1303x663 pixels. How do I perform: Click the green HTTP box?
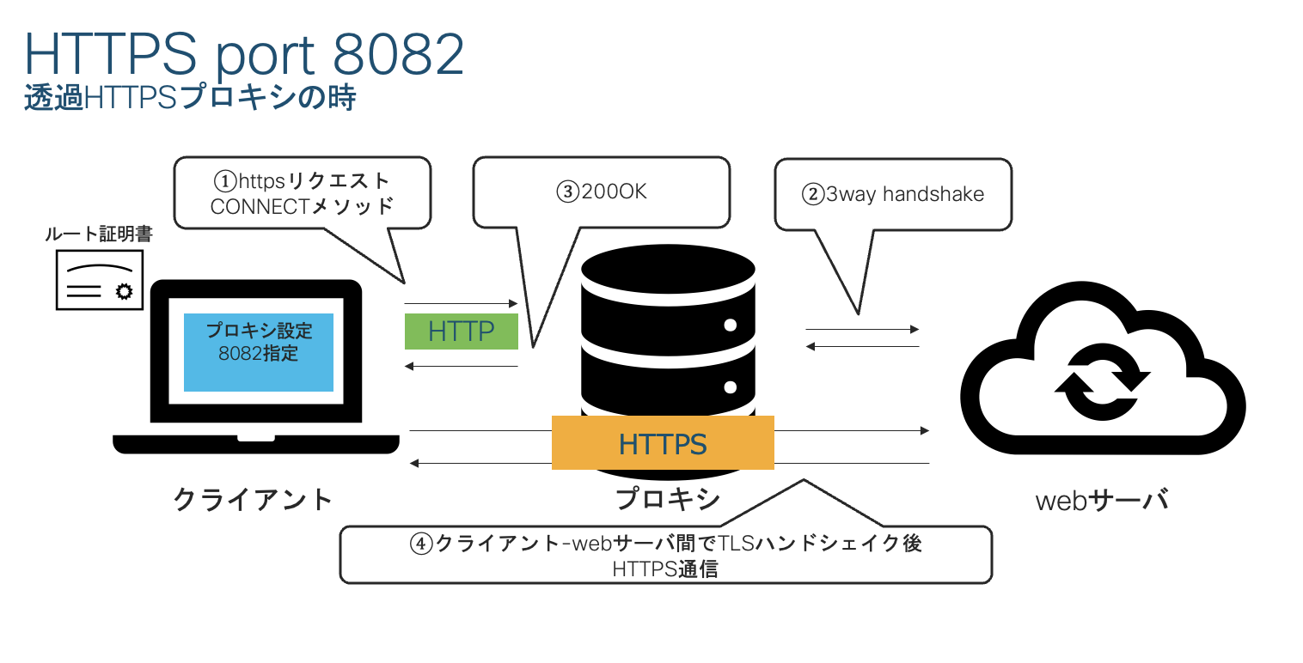[461, 331]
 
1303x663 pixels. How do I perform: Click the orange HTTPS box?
[662, 443]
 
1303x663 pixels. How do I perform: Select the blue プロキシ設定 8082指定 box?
[259, 352]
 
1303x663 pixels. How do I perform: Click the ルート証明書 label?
[98, 234]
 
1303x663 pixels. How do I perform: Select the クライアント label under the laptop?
[253, 499]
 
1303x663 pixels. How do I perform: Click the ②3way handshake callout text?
[893, 195]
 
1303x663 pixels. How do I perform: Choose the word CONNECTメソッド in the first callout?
[302, 206]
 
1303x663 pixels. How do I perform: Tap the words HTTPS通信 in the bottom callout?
[665, 568]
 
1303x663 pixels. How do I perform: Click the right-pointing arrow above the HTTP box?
[461, 304]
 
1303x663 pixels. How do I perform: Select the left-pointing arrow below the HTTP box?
[461, 367]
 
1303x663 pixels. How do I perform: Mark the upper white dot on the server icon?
[730, 325]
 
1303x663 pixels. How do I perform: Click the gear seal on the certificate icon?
[124, 291]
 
